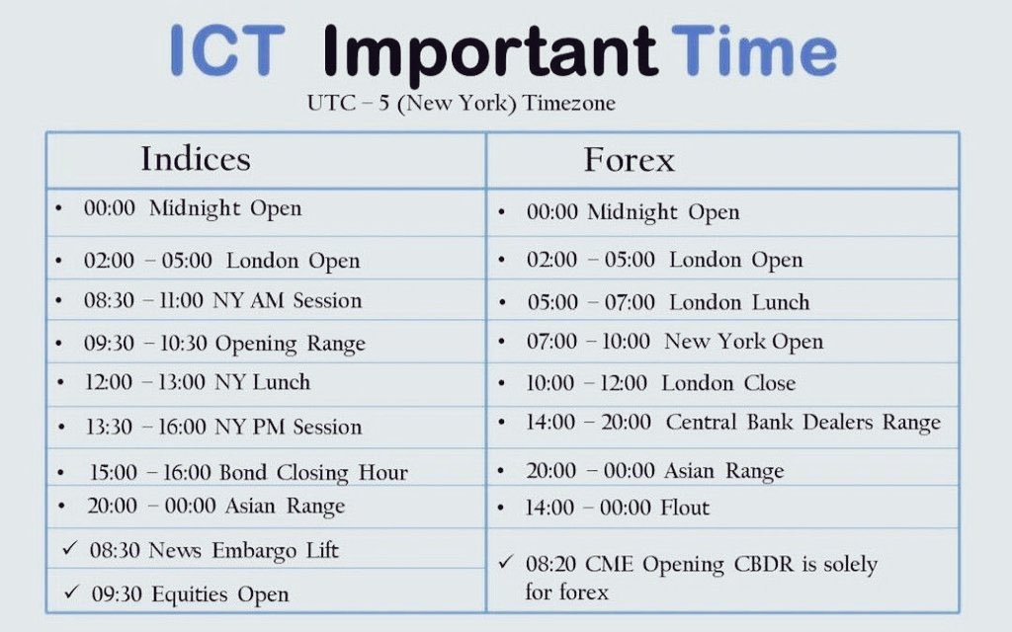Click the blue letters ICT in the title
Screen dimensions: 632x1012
[227, 52]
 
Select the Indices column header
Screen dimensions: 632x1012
[196, 159]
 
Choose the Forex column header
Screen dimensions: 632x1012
[629, 159]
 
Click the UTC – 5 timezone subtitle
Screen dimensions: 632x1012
[462, 104]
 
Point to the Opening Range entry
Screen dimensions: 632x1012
[224, 344]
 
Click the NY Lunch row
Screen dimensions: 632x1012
[197, 383]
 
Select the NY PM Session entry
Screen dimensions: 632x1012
[222, 427]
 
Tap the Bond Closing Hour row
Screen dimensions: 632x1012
[247, 472]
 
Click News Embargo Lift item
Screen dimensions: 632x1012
[212, 551]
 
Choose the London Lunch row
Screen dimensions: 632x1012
[667, 302]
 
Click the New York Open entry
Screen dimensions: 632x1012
[674, 342]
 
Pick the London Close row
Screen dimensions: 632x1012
[660, 383]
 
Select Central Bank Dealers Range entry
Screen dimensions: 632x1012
[732, 423]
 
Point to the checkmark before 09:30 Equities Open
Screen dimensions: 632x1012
[70, 593]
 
